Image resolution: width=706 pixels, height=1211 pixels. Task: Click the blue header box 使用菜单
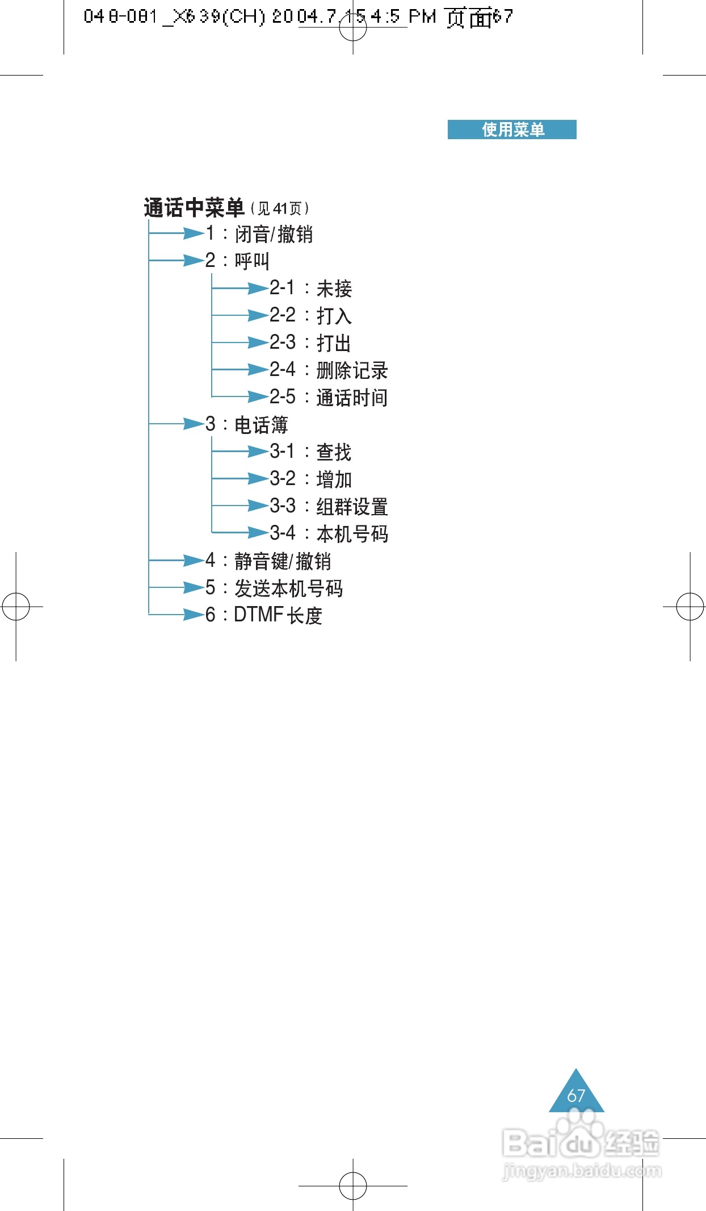tap(512, 130)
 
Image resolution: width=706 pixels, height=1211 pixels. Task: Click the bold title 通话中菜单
tap(194, 208)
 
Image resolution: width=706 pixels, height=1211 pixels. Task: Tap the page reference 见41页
tap(280, 208)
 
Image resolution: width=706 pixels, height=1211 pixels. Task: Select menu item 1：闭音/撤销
tap(259, 233)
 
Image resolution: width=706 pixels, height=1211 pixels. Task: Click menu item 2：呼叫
tap(237, 261)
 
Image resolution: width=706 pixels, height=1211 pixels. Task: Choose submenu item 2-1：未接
tap(310, 288)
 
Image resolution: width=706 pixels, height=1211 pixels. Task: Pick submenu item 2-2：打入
tap(310, 315)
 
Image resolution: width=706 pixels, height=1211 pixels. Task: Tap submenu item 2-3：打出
tap(310, 343)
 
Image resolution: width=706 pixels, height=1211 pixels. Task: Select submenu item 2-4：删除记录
tap(329, 370)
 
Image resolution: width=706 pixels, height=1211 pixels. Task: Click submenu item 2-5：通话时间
tap(329, 397)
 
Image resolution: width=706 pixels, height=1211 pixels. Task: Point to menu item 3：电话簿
tap(247, 424)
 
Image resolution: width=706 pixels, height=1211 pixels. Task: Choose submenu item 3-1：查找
tap(310, 452)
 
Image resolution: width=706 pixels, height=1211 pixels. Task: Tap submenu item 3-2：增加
tap(310, 479)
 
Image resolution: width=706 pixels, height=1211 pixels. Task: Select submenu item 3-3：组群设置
tap(329, 506)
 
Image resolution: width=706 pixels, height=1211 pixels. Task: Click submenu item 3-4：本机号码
tap(329, 533)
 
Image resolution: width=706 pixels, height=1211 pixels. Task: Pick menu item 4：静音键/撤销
tap(268, 561)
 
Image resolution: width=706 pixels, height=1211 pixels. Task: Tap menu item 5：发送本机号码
tap(274, 588)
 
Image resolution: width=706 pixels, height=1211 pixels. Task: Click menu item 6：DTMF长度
tap(264, 615)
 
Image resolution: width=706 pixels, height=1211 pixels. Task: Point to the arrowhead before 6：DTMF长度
tap(193, 615)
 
